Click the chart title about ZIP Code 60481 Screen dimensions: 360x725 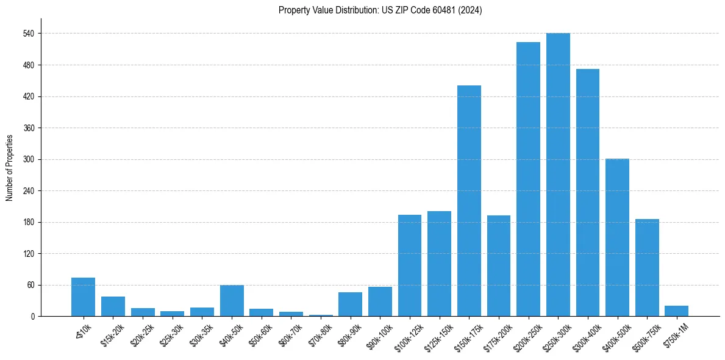point(380,10)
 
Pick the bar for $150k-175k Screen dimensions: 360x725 point(469,201)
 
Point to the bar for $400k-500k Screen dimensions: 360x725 point(617,237)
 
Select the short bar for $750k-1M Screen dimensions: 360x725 point(677,311)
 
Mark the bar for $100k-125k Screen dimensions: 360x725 point(410,265)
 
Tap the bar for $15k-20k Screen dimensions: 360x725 point(113,306)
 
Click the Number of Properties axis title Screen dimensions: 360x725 point(9,168)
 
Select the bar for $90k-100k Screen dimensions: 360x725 point(380,301)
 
